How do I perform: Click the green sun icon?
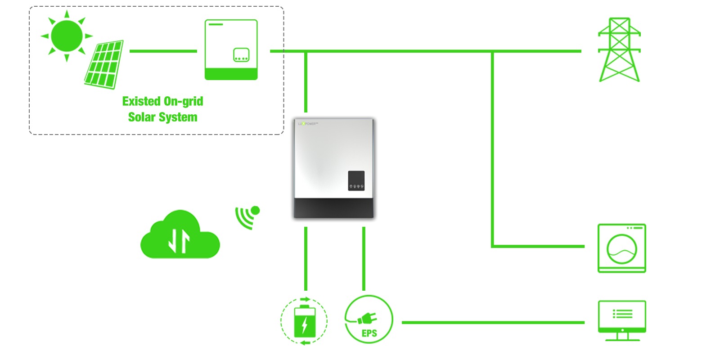point(67,35)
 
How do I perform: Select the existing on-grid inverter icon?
point(231,49)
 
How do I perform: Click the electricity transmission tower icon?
point(619,50)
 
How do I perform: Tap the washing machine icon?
point(621,248)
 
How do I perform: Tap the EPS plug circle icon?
point(369,319)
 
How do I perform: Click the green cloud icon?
point(180,236)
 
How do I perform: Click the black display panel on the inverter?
point(356,180)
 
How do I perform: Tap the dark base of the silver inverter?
point(333,208)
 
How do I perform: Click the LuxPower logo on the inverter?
point(308,123)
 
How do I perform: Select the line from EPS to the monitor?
point(493,322)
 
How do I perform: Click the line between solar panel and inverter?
point(163,51)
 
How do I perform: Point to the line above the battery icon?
point(306,259)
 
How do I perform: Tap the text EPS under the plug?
point(369,333)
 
